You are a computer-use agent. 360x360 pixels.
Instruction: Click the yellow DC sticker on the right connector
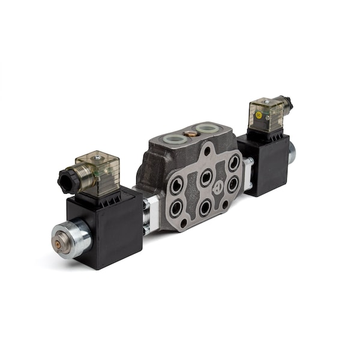click(x=259, y=115)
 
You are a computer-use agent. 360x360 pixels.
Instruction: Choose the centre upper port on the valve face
click(x=206, y=176)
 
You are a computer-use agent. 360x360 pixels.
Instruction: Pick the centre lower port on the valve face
click(x=205, y=207)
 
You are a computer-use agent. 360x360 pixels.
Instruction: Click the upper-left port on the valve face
click(x=176, y=187)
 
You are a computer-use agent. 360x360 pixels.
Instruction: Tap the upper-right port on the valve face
click(x=233, y=163)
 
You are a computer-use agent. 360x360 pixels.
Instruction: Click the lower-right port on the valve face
click(x=232, y=184)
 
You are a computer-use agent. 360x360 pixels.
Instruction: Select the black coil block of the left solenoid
click(x=108, y=225)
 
